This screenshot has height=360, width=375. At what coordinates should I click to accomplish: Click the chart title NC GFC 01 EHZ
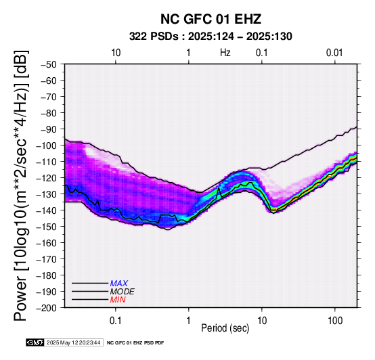211,19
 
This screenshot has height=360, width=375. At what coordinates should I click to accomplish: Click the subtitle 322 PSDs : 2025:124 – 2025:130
211,37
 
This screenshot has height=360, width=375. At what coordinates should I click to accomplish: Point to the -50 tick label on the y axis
49,64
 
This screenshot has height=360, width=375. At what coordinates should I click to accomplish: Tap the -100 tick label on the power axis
47,145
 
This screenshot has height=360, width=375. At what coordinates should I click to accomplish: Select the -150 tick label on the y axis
47,227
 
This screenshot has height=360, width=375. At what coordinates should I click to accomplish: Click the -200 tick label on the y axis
47,308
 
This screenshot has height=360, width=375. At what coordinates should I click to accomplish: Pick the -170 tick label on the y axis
47,259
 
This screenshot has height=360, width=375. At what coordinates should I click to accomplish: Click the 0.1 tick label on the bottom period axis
116,321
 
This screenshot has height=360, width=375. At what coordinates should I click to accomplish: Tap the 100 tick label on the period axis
335,321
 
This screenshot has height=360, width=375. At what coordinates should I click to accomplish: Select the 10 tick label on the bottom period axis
262,321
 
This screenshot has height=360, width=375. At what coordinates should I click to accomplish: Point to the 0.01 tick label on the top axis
334,53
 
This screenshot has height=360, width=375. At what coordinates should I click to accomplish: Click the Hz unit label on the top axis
225,53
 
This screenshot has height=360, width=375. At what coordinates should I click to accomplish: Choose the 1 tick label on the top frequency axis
189,53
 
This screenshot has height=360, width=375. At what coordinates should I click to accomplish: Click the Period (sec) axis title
225,328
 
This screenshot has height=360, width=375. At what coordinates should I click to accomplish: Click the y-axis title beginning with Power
21,185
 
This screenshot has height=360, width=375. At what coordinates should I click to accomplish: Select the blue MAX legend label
119,284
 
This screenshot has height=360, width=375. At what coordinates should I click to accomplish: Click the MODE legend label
123,292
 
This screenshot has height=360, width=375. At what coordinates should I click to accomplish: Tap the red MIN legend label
118,300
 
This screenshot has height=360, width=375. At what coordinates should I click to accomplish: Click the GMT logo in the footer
35,342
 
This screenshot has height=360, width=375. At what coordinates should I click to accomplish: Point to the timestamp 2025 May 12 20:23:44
73,342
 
